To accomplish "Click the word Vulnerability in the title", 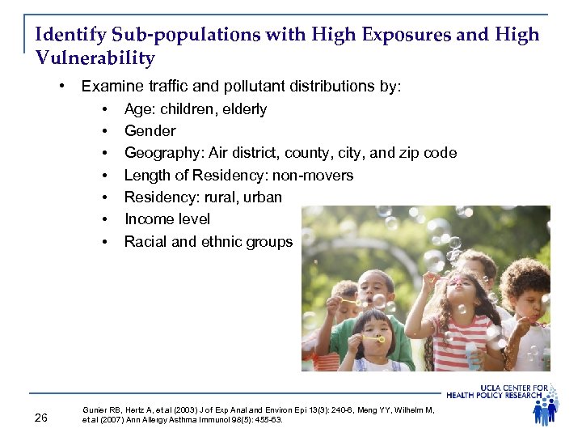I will point(95,58).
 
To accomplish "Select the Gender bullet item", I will point(150,131).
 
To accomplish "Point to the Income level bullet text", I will point(167,219).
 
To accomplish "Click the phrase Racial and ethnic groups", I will point(209,241).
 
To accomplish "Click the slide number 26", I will point(42,417).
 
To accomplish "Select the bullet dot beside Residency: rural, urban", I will point(106,197).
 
